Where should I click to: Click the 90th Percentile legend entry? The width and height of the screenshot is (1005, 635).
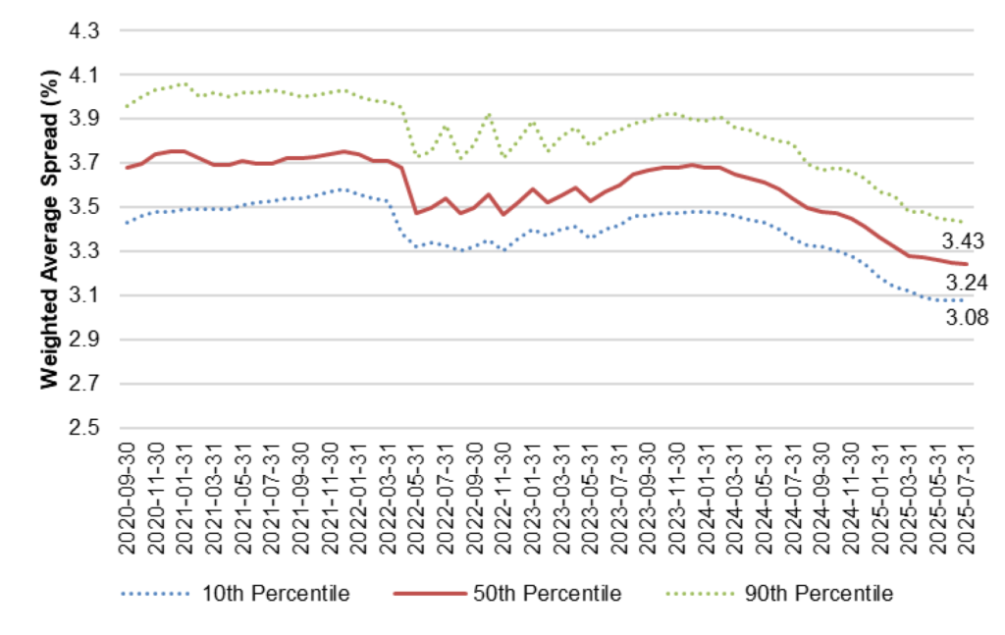point(828,594)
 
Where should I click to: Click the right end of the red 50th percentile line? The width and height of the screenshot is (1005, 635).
point(967,264)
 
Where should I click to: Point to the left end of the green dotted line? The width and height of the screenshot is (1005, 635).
point(126,106)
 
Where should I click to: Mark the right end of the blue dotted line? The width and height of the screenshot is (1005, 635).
point(964,299)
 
